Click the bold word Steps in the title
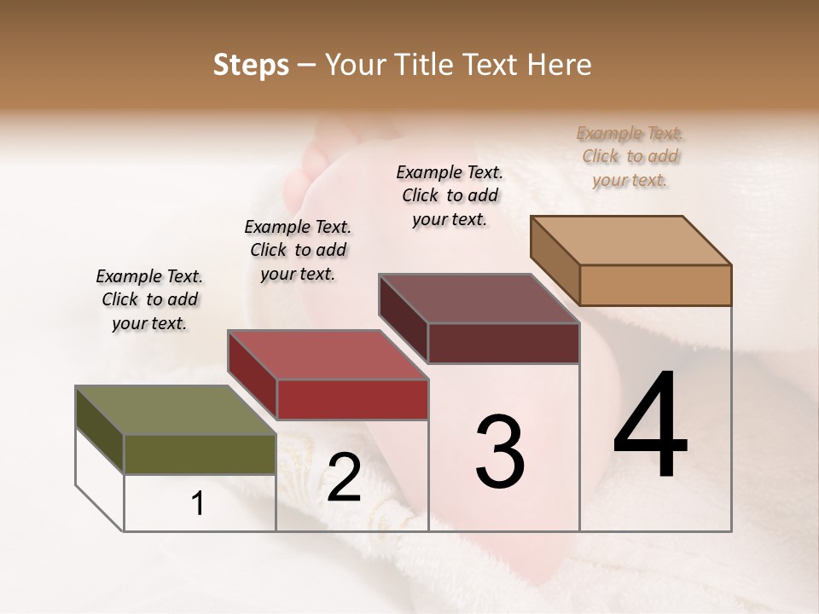[251, 65]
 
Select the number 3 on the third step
[500, 452]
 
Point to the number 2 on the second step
[344, 478]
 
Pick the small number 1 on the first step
[198, 504]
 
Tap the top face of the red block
[328, 355]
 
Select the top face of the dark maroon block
[479, 298]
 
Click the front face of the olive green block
[200, 454]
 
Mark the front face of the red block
[352, 399]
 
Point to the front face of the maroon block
[503, 343]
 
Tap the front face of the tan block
[655, 285]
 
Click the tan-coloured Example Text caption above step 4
[630, 157]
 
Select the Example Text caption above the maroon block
[450, 195]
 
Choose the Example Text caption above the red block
[298, 250]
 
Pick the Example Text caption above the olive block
[149, 299]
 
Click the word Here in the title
[561, 65]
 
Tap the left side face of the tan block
[555, 260]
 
